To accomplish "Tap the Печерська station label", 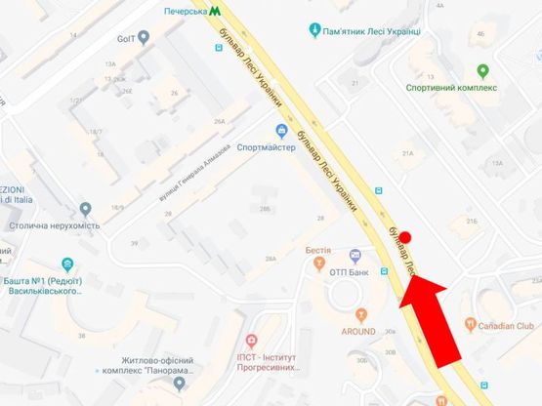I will [186, 11].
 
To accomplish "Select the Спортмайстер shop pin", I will [282, 131].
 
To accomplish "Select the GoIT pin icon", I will [144, 37].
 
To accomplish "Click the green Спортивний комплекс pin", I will [482, 70].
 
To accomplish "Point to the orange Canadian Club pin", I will [470, 323].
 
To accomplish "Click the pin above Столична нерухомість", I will [86, 208].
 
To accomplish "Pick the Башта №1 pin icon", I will [66, 264].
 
